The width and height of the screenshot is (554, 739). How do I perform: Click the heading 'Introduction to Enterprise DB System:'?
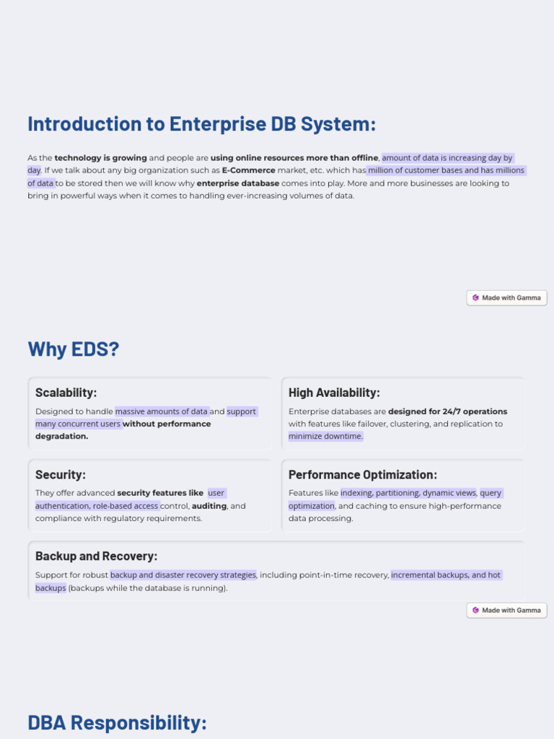click(201, 124)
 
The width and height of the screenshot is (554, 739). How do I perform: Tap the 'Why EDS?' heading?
click(73, 349)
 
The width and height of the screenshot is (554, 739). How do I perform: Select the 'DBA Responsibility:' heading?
click(117, 722)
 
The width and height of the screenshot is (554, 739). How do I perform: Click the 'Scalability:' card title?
click(66, 393)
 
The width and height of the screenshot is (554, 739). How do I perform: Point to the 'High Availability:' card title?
click(334, 393)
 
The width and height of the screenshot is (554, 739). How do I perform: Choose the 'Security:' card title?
click(61, 475)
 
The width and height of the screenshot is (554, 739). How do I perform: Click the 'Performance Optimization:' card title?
click(363, 475)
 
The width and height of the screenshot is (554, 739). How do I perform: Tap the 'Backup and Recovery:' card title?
click(96, 556)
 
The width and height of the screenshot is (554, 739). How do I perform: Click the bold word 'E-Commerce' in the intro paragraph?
click(249, 170)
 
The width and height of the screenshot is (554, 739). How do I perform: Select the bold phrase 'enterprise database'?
click(238, 183)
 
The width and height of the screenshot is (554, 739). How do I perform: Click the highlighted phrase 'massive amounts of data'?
click(162, 411)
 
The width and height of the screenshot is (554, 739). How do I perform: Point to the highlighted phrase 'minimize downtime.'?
click(325, 437)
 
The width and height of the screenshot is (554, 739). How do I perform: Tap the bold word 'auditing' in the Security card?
click(209, 506)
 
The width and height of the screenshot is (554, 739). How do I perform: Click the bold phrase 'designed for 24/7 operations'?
click(447, 411)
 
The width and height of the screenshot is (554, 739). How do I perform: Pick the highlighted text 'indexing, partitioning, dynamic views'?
click(408, 494)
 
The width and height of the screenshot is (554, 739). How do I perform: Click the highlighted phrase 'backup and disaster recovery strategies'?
click(183, 575)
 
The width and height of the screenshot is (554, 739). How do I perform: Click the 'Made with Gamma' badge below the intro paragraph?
click(506, 297)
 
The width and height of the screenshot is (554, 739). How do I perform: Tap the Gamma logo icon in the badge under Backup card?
click(475, 611)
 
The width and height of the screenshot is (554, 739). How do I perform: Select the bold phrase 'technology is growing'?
click(101, 158)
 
